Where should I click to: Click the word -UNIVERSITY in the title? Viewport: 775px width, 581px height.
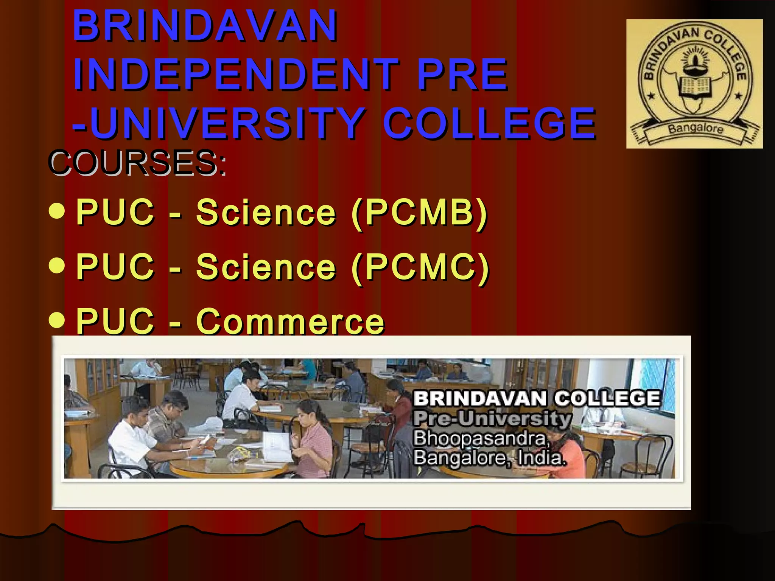[219, 123]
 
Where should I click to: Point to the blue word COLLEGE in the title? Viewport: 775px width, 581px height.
[490, 123]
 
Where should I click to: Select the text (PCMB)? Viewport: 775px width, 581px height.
[419, 213]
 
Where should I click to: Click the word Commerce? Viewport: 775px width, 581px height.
[290, 322]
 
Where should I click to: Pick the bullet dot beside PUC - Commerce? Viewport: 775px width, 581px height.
[57, 320]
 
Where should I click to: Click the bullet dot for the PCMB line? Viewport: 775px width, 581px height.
[57, 212]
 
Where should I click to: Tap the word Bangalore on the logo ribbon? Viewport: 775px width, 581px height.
[696, 129]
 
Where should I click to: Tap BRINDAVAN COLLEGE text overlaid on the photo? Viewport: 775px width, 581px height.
[537, 399]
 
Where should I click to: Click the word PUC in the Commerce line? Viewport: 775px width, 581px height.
[115, 322]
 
